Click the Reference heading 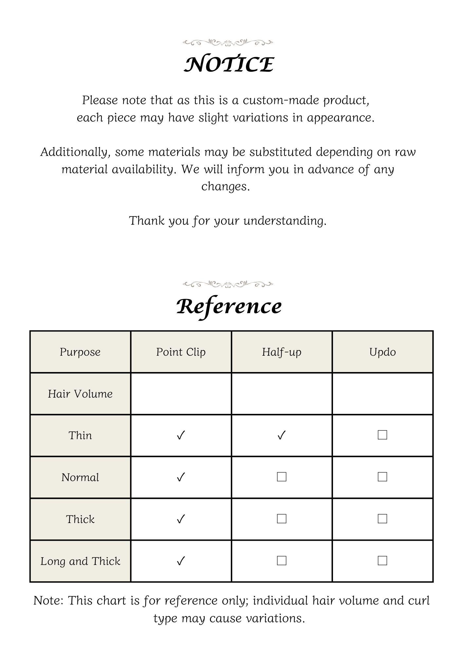coord(229,307)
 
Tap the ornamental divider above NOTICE coord(228,42)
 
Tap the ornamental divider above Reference coord(228,284)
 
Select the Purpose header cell coord(80,352)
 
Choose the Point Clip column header coord(181,352)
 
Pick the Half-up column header coord(282,352)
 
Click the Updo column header coord(382,352)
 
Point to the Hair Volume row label coord(80,394)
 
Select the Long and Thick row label coord(80,561)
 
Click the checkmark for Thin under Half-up coord(282,435)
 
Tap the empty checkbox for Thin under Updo coord(382,435)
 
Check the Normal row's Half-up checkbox coord(282,477)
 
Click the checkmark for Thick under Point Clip coord(181,519)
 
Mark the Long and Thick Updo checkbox coord(382,561)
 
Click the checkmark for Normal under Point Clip coord(181,477)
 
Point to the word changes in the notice coord(226,187)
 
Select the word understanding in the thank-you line coord(285,221)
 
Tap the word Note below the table coord(48,601)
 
